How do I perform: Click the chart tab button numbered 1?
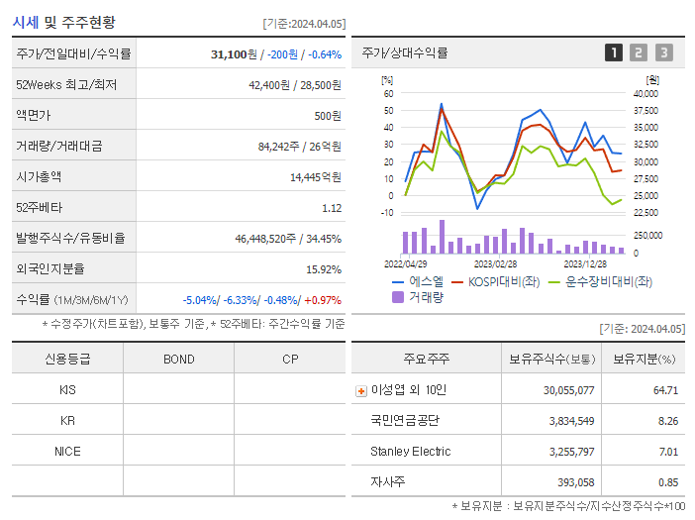(x=614, y=52)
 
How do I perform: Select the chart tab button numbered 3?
(x=663, y=52)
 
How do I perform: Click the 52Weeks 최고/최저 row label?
(x=66, y=85)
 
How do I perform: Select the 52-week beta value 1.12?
(x=332, y=208)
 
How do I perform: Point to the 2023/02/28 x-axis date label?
(x=495, y=264)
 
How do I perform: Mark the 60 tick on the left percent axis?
(x=389, y=93)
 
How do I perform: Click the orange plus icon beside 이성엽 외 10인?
(x=360, y=390)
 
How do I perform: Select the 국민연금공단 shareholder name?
(x=404, y=421)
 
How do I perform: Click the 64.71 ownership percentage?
(x=665, y=390)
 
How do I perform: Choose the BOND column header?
(x=178, y=359)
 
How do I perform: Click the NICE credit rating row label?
(x=67, y=452)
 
